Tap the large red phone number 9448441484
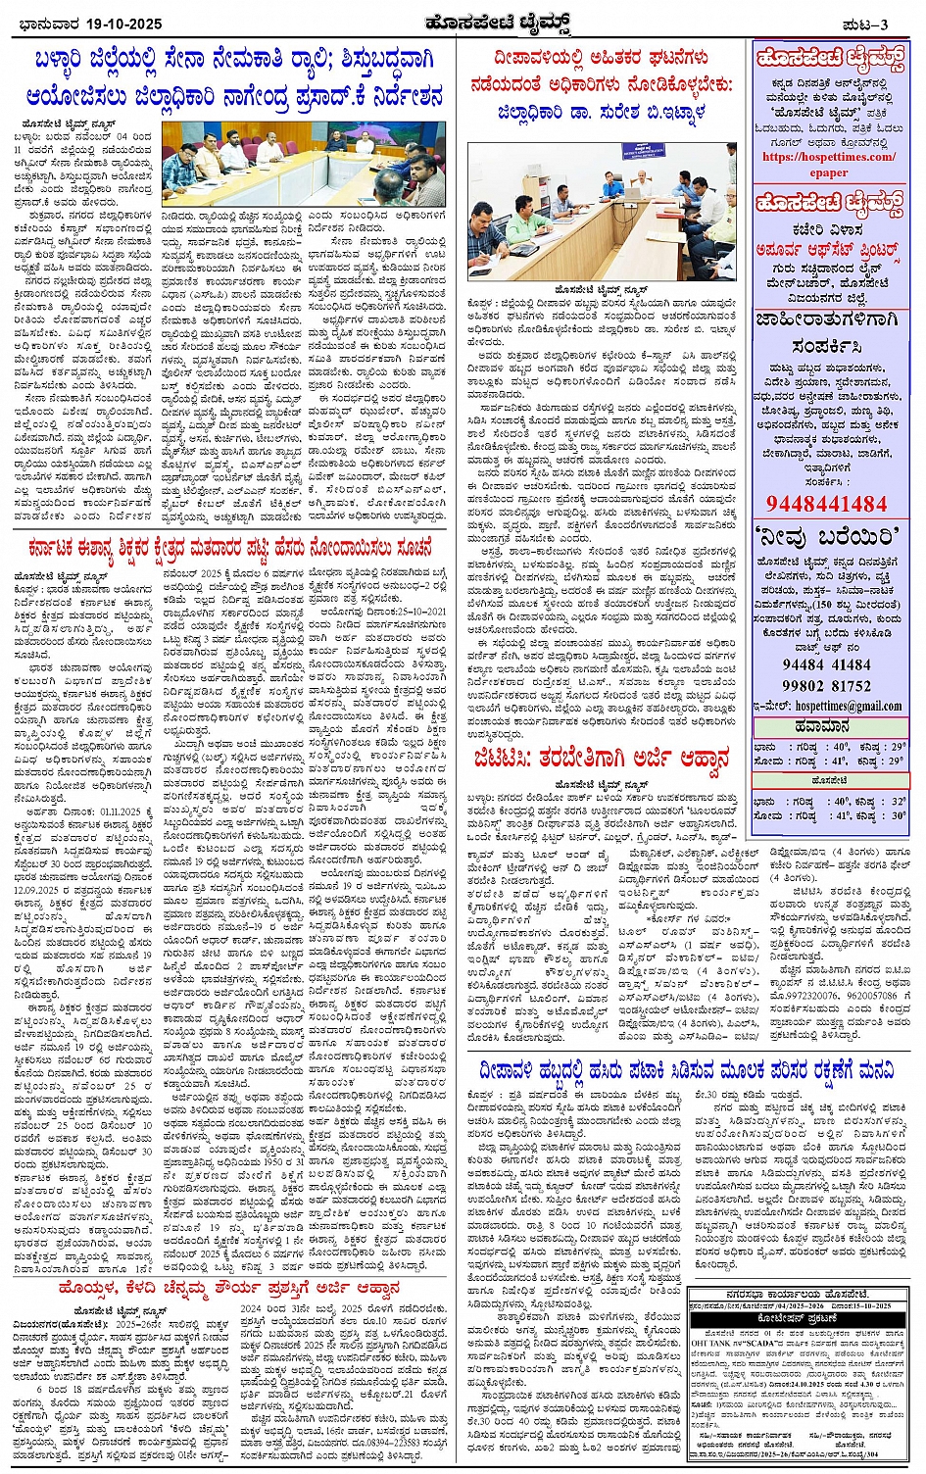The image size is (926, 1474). (827, 504)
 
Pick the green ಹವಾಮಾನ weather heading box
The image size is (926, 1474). (829, 726)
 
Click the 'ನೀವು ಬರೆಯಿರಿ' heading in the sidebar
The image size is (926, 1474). (829, 537)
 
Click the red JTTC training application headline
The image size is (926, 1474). (599, 758)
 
